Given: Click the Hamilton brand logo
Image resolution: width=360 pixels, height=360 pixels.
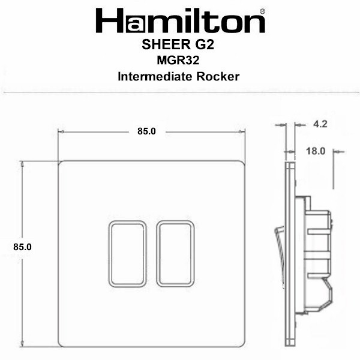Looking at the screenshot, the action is click(181, 20).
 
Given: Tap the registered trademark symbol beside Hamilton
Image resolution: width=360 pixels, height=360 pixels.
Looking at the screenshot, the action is click(263, 11).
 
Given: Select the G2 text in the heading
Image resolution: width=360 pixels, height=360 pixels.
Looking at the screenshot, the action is click(205, 44).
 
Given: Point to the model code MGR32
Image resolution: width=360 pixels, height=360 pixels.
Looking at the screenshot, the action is click(178, 61).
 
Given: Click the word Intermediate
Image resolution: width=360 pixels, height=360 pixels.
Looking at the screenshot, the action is click(155, 76).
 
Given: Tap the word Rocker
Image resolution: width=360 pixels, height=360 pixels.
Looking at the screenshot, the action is click(218, 76).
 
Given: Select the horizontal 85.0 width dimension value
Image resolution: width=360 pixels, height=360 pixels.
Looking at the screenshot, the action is click(147, 131).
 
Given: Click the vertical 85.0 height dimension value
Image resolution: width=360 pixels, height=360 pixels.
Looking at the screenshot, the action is click(23, 247).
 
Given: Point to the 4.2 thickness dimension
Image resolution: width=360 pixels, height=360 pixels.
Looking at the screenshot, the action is click(320, 124).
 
